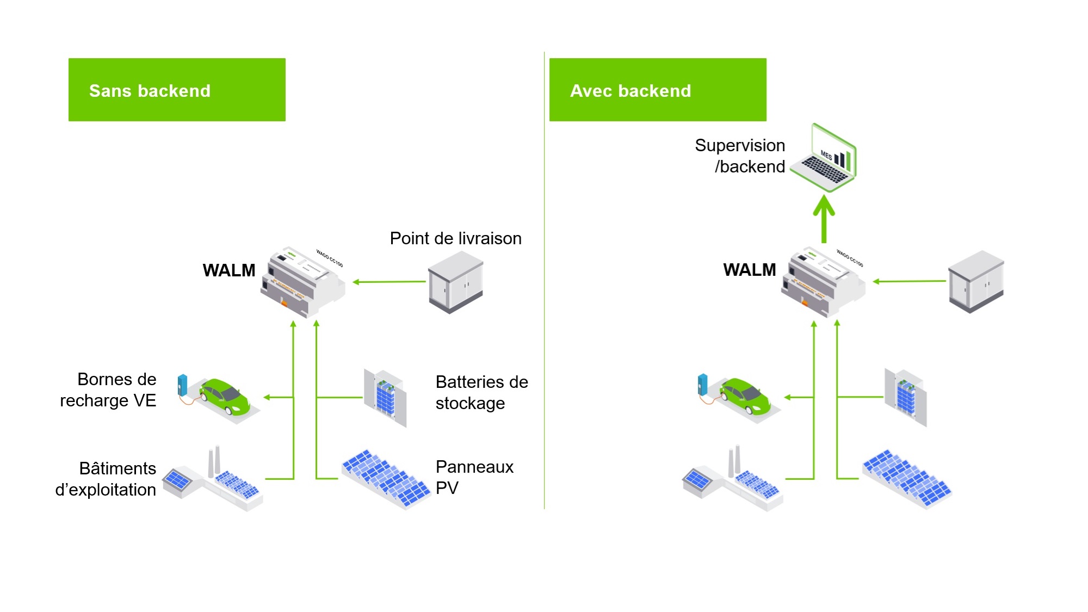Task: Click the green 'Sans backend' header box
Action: [177, 90]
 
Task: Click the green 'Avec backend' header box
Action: [658, 90]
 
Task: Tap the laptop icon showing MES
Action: [824, 157]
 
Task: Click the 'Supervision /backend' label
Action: [740, 156]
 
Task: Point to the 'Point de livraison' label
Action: [456, 238]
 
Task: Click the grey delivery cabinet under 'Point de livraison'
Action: [456, 282]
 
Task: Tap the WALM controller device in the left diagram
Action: [302, 281]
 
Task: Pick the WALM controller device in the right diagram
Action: [823, 281]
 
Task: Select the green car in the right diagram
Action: [745, 397]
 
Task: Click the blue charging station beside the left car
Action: [182, 385]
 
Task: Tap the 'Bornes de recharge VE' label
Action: [108, 390]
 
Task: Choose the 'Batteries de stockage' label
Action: [482, 392]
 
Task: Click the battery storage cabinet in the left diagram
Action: [385, 398]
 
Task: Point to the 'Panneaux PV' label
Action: [475, 477]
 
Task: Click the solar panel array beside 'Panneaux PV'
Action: [386, 479]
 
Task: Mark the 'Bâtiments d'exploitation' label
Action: [106, 479]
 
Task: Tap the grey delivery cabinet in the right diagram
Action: [976, 281]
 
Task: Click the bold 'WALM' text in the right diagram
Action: [750, 270]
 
